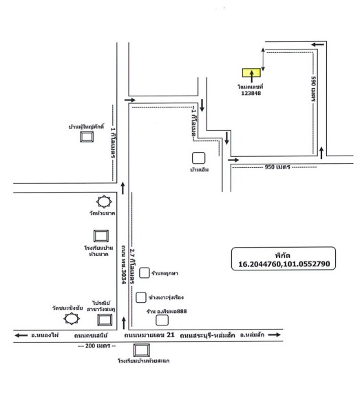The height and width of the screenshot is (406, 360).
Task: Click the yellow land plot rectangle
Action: pyautogui.click(x=251, y=73)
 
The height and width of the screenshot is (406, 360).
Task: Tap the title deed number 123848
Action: pyautogui.click(x=251, y=93)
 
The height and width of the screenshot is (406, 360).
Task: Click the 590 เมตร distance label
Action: pyautogui.click(x=313, y=89)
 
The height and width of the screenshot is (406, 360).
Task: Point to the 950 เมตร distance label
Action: pyautogui.click(x=277, y=167)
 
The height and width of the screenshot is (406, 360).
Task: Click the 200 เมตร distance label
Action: pyautogui.click(x=98, y=345)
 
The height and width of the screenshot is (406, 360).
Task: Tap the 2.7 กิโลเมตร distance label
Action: pyautogui.click(x=133, y=266)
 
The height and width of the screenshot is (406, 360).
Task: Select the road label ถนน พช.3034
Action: pyautogui.click(x=124, y=264)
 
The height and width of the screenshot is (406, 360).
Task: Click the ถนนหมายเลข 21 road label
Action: pyautogui.click(x=149, y=335)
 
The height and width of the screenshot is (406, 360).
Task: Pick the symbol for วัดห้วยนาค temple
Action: pyautogui.click(x=104, y=202)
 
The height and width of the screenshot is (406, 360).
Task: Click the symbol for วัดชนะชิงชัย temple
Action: pyautogui.click(x=72, y=319)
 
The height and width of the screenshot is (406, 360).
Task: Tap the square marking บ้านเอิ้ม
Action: pyautogui.click(x=199, y=158)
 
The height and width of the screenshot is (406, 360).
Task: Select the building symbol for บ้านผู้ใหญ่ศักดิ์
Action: pyautogui.click(x=87, y=137)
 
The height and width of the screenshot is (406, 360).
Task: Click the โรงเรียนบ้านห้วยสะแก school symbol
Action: pyautogui.click(x=141, y=350)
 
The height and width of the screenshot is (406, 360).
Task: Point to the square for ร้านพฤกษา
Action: pyautogui.click(x=145, y=273)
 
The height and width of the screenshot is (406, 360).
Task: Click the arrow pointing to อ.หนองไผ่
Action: pyautogui.click(x=21, y=335)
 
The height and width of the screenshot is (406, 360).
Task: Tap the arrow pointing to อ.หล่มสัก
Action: pyautogui.click(x=274, y=335)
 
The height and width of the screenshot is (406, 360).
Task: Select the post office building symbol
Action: pyautogui.click(x=105, y=320)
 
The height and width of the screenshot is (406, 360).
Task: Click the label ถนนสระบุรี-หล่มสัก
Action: pyautogui.click(x=207, y=335)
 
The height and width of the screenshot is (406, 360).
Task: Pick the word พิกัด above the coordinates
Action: pyautogui.click(x=282, y=255)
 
